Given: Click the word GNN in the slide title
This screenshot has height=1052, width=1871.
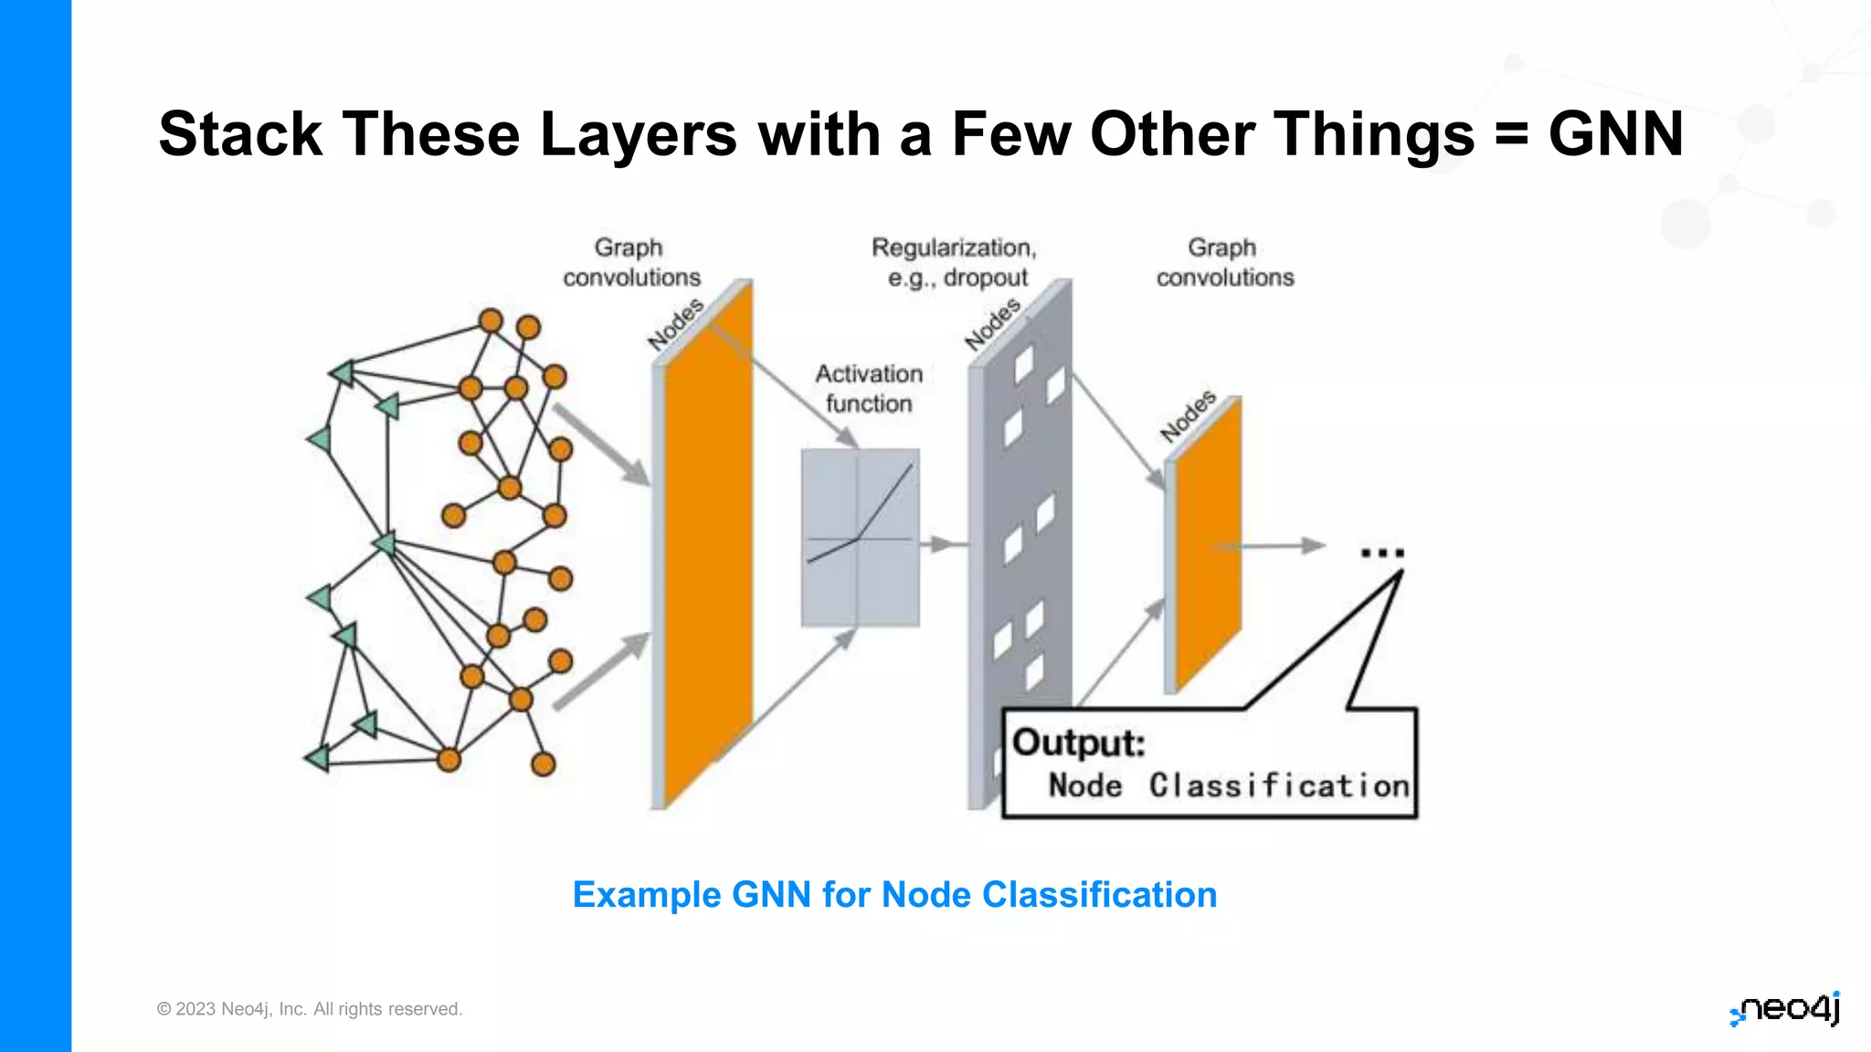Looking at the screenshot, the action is point(1615,134).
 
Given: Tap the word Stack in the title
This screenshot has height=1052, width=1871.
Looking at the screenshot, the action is point(239,134).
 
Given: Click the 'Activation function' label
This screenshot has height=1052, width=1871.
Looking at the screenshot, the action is point(869,388).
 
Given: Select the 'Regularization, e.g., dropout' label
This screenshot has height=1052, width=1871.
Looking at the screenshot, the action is point(955,262).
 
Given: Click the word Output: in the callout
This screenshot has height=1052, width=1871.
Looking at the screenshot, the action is point(1079,742).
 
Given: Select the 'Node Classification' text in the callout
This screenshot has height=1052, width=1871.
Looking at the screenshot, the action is point(1229,785).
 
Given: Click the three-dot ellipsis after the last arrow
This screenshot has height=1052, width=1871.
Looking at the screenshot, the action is point(1381,552).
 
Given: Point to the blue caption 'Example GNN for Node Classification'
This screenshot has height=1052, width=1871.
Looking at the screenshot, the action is point(894,895).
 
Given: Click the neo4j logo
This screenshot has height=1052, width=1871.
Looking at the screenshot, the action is point(1785,1008).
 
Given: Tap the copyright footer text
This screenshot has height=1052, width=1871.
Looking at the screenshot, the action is point(310,1009).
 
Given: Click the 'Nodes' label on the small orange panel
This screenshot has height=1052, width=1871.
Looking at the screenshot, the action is point(1188,416).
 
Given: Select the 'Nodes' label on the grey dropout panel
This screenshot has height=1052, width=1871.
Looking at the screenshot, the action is point(992,324).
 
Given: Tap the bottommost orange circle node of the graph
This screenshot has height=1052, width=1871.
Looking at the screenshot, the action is point(543,764).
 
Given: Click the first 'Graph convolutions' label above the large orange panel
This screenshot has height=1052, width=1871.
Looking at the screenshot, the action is point(630,262).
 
